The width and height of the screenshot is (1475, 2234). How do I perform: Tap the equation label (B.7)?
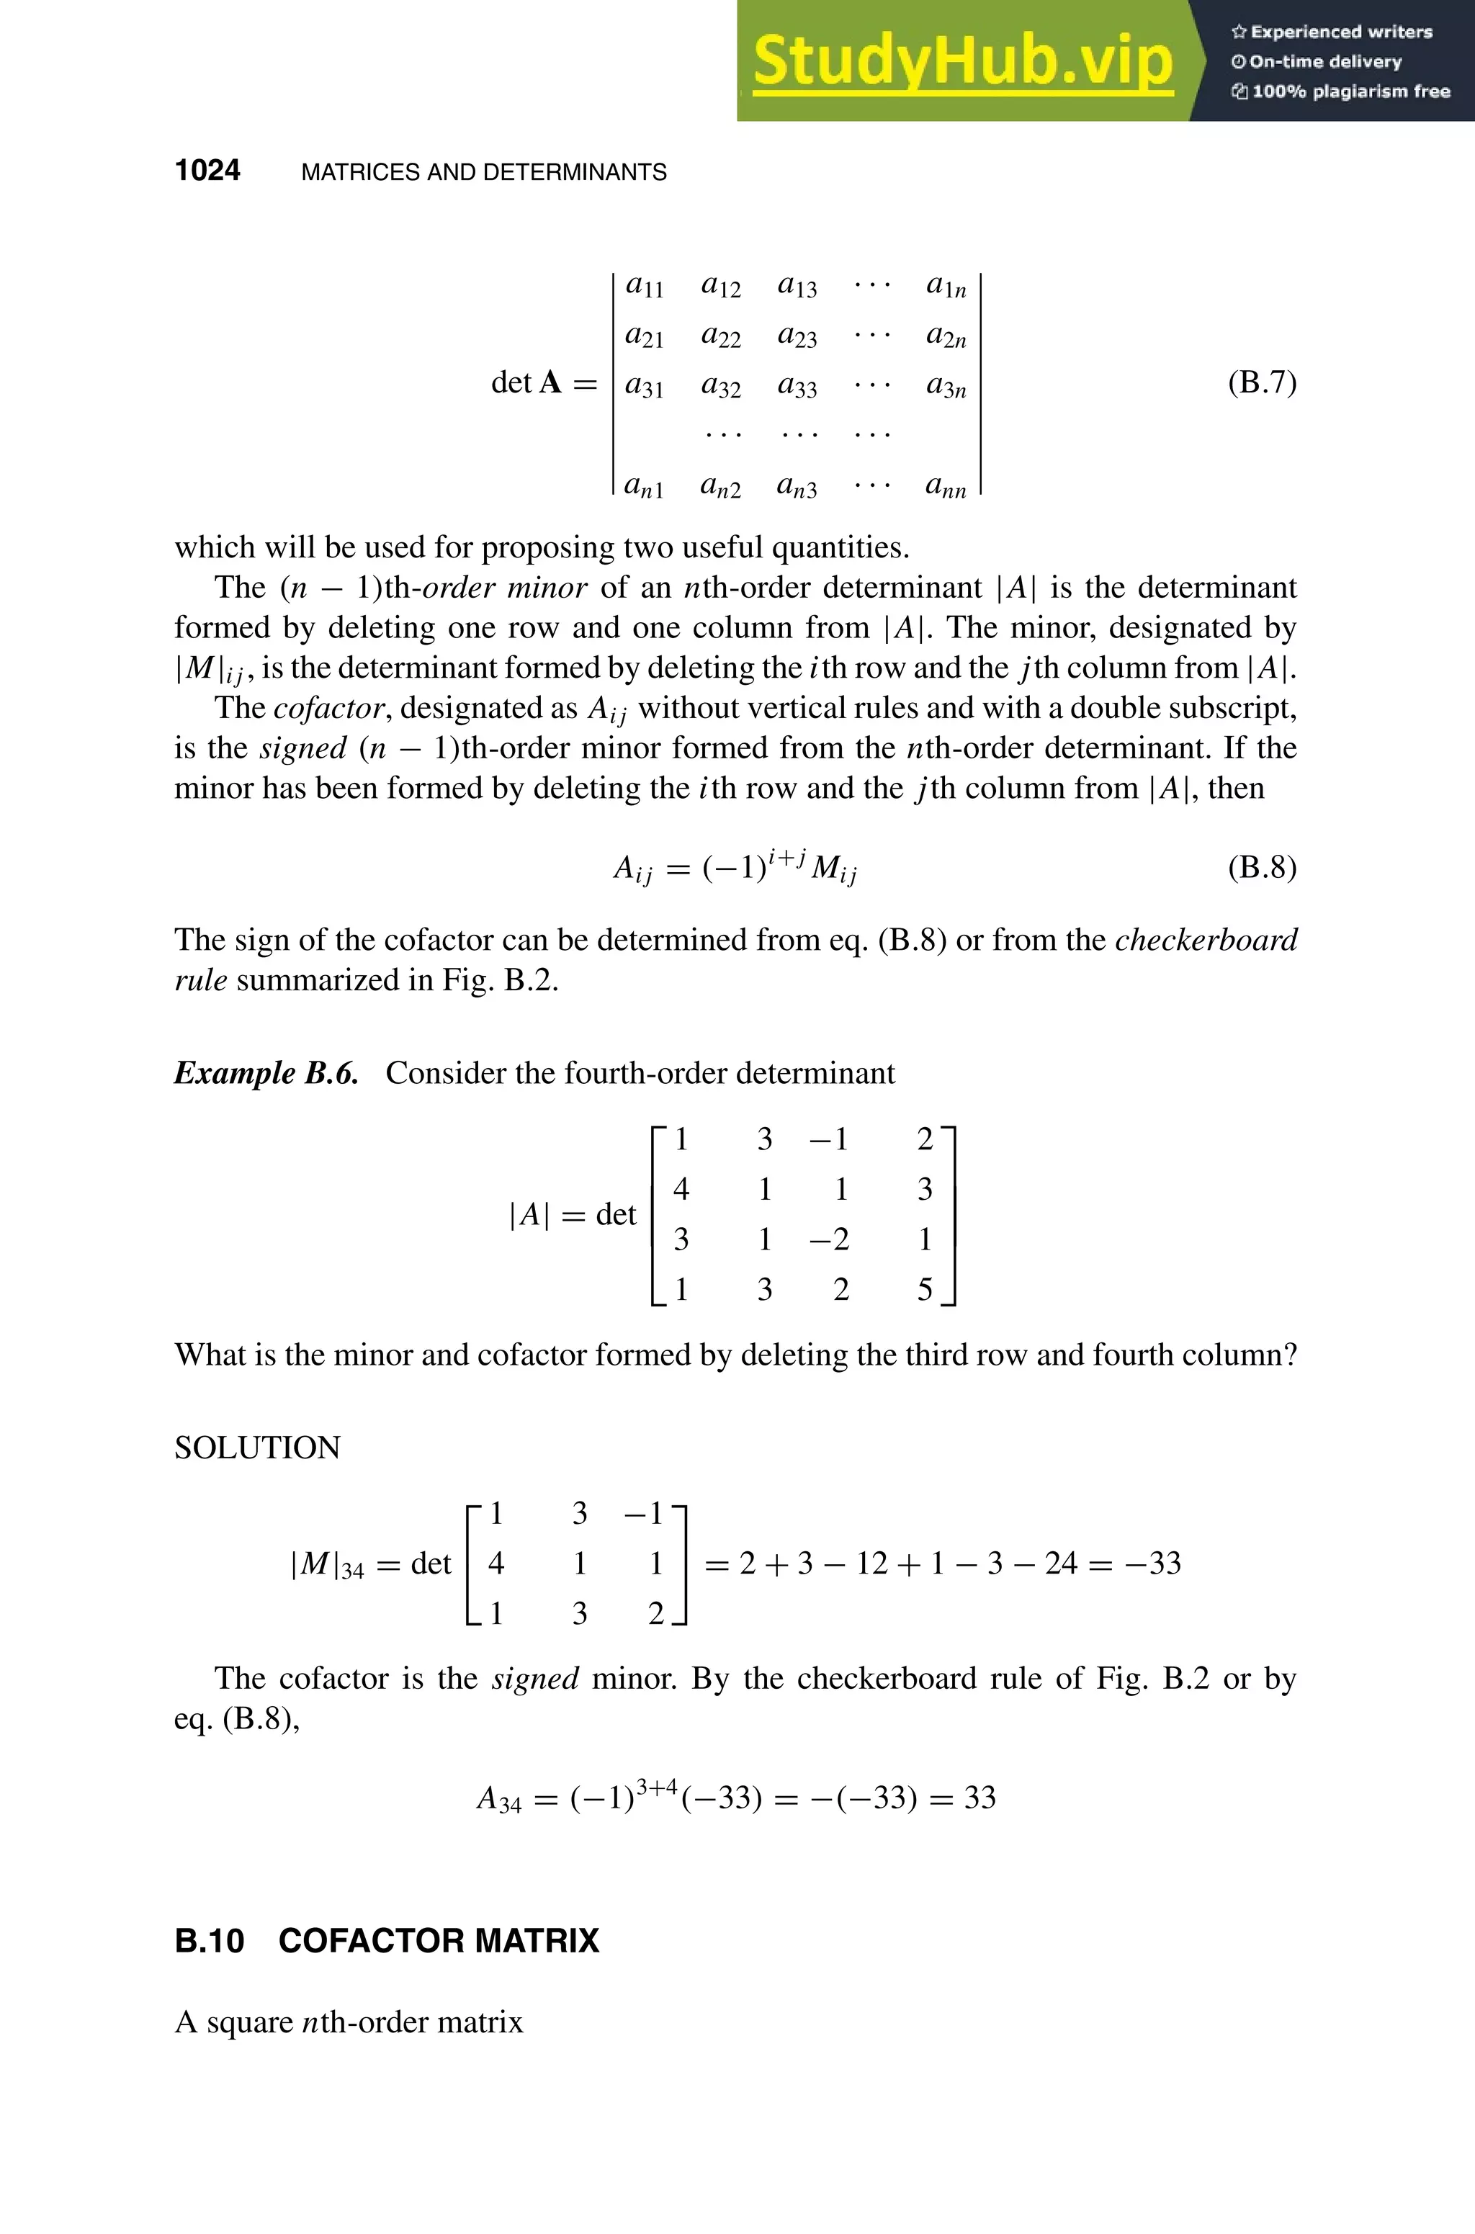(x=1262, y=383)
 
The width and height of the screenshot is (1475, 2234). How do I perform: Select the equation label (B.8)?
(x=1262, y=866)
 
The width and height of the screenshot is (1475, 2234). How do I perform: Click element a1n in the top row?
(x=946, y=285)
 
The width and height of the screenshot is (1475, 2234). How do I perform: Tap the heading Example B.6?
(x=266, y=1073)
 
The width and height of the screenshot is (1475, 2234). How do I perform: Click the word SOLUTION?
(x=257, y=1448)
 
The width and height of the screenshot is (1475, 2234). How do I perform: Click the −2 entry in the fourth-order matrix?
(x=829, y=1239)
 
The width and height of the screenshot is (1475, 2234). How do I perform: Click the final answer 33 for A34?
(x=979, y=1798)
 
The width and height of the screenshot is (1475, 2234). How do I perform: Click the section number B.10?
(x=209, y=1940)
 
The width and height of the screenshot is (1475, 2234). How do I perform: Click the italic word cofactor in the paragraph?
(x=329, y=707)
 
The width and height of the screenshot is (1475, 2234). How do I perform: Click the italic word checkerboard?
(x=1206, y=940)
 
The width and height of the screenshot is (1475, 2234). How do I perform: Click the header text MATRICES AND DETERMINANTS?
(x=483, y=172)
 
